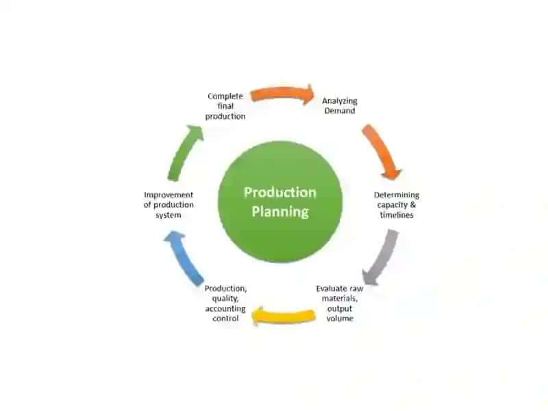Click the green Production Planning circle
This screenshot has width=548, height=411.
[x=280, y=202]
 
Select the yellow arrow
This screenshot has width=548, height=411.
[x=284, y=316]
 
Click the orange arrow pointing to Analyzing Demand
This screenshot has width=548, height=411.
[x=282, y=93]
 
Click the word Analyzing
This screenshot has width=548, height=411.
[x=340, y=101]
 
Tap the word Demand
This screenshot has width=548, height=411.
[x=340, y=111]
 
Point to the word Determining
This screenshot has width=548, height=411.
[x=397, y=195]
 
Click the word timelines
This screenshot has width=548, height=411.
[x=397, y=215]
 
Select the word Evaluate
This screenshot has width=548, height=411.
[x=329, y=288]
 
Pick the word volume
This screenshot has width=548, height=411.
[x=340, y=319]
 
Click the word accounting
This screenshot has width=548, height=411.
[x=225, y=309]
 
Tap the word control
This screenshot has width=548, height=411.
[x=225, y=319]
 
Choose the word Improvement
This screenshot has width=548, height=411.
[x=169, y=195]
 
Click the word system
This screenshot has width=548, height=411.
[x=169, y=215]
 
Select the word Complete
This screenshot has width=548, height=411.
[x=225, y=96]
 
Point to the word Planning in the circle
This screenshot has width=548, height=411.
[x=280, y=212]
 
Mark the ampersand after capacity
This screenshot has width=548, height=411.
[x=413, y=205]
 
